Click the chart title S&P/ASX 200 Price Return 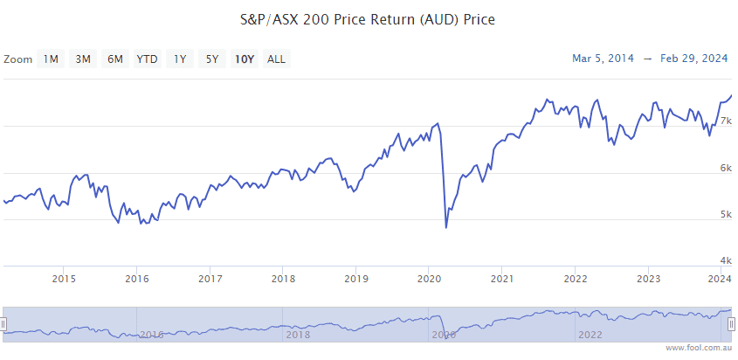(x=368, y=18)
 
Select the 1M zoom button (x=51, y=59)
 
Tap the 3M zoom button (x=83, y=59)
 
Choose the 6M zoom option (x=115, y=59)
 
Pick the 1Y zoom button (x=180, y=59)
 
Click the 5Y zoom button (x=212, y=59)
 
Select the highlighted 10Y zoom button (x=244, y=59)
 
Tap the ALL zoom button (x=276, y=59)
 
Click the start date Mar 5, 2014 (x=603, y=59)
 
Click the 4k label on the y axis (x=725, y=260)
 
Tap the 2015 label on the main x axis (x=64, y=280)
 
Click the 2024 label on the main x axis (x=720, y=280)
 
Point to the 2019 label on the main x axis (x=355, y=280)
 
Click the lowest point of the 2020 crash (x=446, y=228)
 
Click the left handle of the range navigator (x=3, y=324)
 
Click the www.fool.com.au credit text (x=699, y=348)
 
